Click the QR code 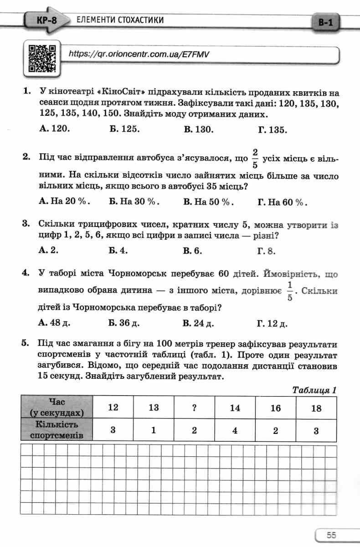coord(42,58)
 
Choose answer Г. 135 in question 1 coord(273,129)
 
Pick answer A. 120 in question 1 coord(55,129)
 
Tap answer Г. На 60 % coord(282,202)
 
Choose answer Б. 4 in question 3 coord(118,250)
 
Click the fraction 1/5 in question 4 coord(288,291)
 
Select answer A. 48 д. coord(55,323)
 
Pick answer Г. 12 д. coord(273,324)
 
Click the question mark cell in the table coord(194,408)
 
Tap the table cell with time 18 coord(316,408)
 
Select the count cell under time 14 coord(235,430)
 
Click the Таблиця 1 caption coord(314,390)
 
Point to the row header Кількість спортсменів coord(57,430)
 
